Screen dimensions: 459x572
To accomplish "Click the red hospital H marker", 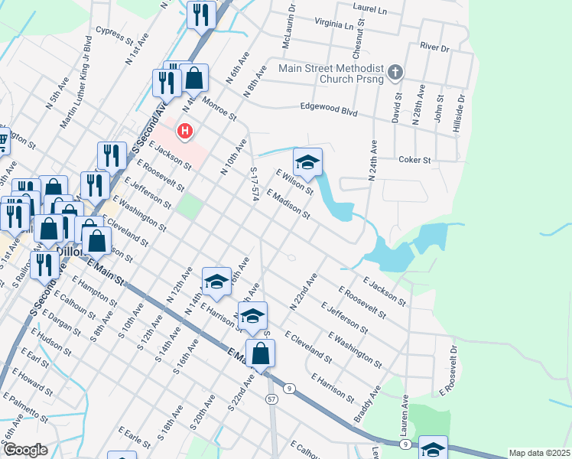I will tap(184, 132).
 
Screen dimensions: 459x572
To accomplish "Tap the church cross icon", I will tap(395, 73).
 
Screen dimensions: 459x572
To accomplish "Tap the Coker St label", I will tap(415, 160).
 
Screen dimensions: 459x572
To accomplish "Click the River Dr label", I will tap(434, 47).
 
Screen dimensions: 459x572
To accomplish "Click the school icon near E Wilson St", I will tap(307, 162).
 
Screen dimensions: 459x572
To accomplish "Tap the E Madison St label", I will tap(288, 204).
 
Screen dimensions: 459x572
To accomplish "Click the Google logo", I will tap(25, 450).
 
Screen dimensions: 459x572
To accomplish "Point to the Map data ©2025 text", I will tap(539, 453).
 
